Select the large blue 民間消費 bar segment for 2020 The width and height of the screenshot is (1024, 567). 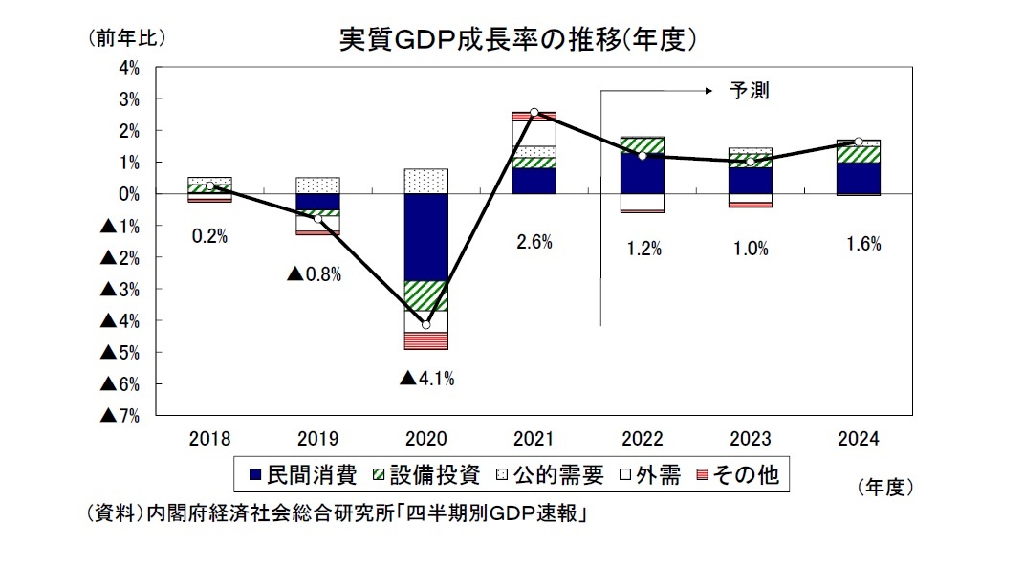point(426,237)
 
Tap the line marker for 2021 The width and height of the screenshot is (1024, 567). point(534,113)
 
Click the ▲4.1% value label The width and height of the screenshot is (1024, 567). point(426,379)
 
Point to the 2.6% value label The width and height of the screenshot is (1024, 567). point(534,243)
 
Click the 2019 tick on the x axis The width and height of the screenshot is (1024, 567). point(317,439)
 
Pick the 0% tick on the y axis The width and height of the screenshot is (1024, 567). point(128,194)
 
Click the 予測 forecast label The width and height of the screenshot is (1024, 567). point(749,92)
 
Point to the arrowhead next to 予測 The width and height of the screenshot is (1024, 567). point(708,92)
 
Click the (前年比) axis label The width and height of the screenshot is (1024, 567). point(126,38)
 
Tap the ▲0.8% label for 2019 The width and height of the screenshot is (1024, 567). point(315,275)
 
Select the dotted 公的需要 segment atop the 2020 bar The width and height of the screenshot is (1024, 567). point(426,181)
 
